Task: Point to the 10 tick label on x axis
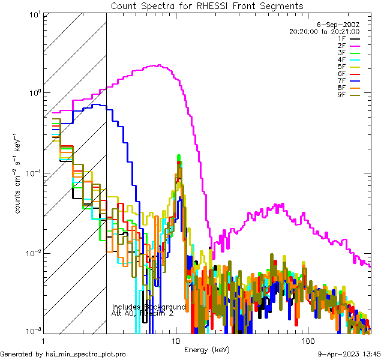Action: click(175, 340)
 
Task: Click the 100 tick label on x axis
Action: click(307, 340)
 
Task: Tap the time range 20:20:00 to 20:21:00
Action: click(324, 31)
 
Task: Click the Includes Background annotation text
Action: click(149, 307)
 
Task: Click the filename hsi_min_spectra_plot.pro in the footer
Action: click(86, 354)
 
